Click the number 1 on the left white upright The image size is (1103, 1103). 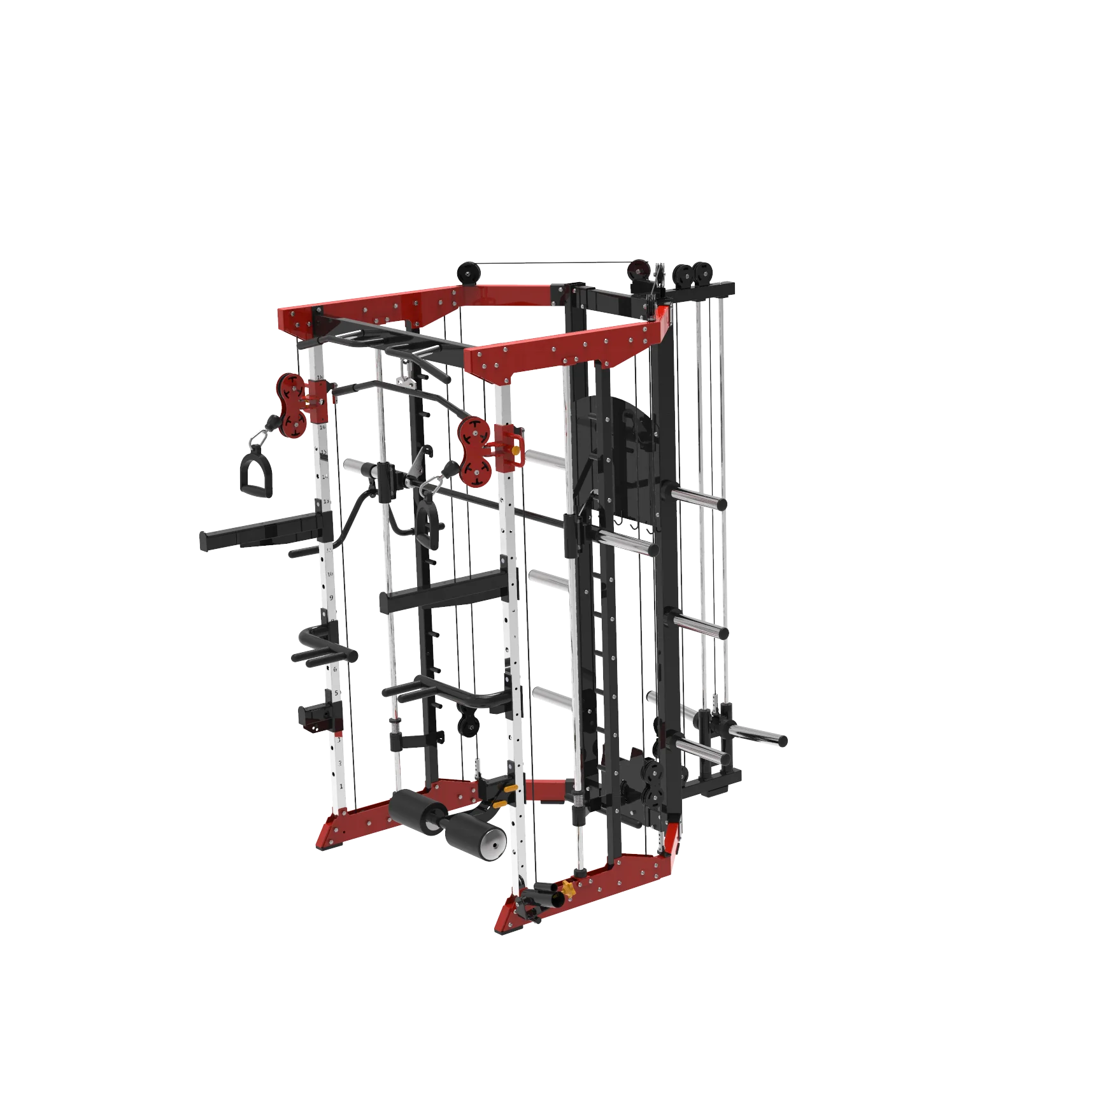pyautogui.click(x=341, y=787)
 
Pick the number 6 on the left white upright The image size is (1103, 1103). pyautogui.click(x=335, y=669)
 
